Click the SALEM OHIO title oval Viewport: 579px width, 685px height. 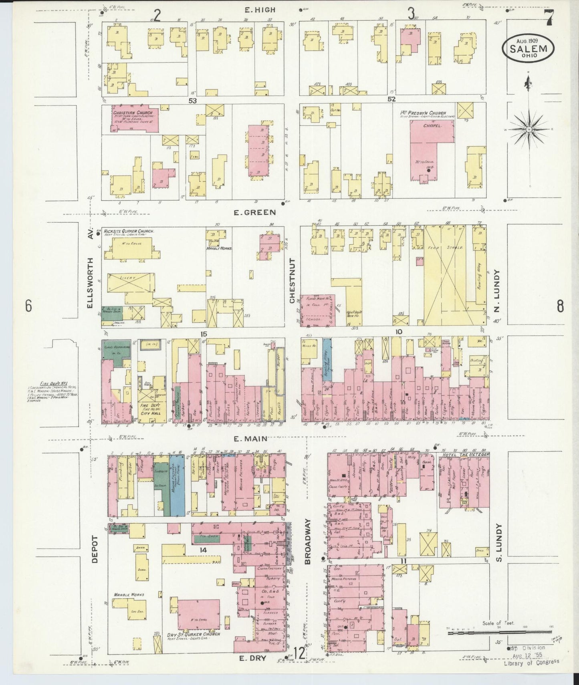pyautogui.click(x=528, y=48)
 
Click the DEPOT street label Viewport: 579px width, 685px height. pyautogui.click(x=95, y=549)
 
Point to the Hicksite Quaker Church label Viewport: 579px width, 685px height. pyautogui.click(x=129, y=231)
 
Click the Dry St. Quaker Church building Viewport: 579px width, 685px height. pyautogui.click(x=199, y=617)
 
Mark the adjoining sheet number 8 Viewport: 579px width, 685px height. pyautogui.click(x=560, y=306)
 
